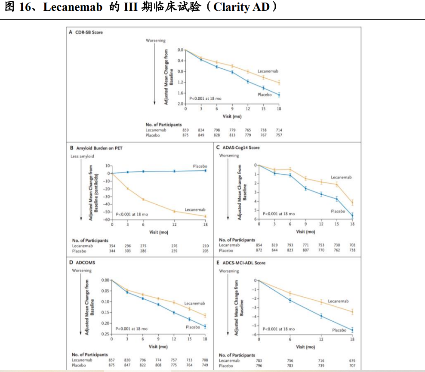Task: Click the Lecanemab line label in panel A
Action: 268,71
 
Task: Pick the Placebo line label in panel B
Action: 200,166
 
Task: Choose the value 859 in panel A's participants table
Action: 185,130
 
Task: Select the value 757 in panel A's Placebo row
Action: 279,135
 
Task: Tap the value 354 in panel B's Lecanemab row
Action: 112,246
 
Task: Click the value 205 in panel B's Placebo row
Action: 205,251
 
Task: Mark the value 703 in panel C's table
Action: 352,245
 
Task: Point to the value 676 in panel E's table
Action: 352,361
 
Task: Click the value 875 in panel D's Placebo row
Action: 111,365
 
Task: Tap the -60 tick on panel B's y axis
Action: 108,220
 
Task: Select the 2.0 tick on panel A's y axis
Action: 181,104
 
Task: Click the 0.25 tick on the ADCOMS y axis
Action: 105,334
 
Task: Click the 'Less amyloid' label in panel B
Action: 81,156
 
